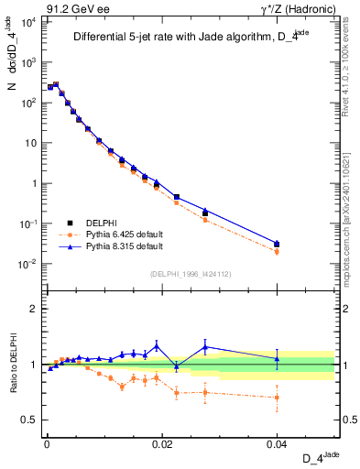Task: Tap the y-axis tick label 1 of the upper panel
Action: pos(35,183)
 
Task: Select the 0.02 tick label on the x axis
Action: pos(161,443)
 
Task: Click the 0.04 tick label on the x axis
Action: pos(277,443)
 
